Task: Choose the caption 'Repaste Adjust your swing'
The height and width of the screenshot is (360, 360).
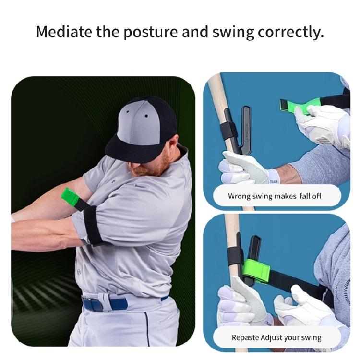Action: pos(276,337)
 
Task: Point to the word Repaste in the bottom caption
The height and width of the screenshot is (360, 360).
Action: pos(245,337)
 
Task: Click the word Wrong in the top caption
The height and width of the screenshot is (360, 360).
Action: pos(239,196)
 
